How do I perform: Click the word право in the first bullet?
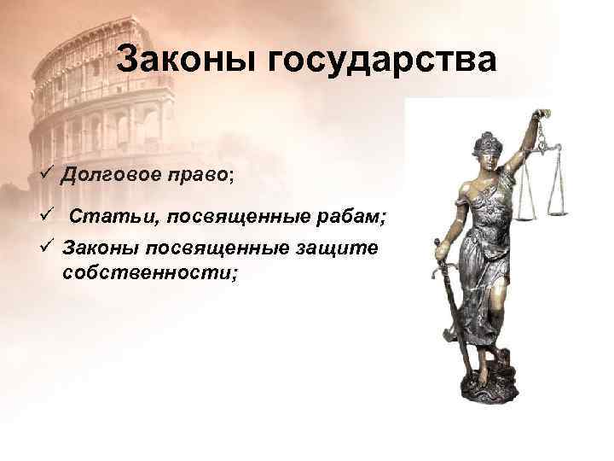coord(194,177)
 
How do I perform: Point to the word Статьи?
coord(107,216)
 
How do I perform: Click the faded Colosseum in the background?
coord(94,94)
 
